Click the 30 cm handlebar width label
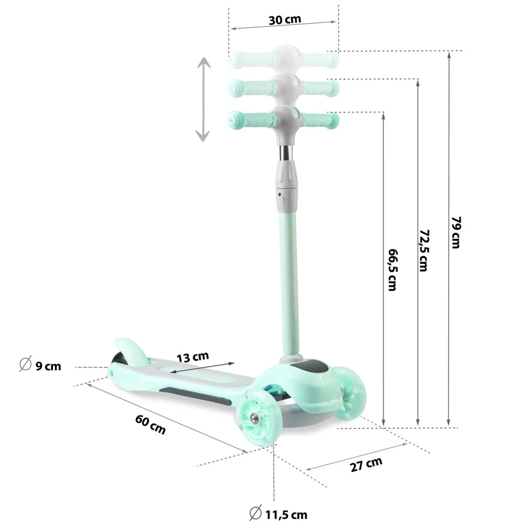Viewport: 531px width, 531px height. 285,20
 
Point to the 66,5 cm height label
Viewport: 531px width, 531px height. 392,270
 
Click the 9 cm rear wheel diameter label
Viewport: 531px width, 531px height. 48,366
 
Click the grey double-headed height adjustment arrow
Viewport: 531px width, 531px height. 203,99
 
